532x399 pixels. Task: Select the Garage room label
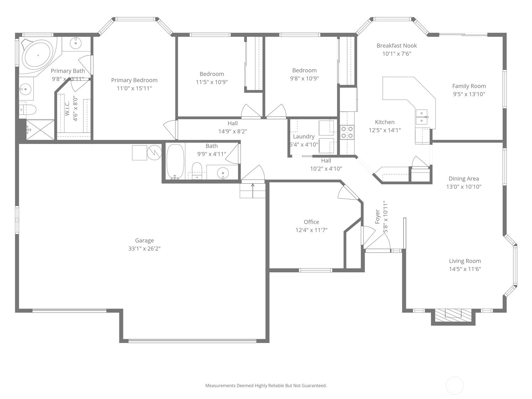point(144,240)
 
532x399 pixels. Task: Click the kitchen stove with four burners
point(347,132)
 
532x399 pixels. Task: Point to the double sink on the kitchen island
point(422,117)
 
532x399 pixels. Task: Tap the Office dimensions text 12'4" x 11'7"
point(312,230)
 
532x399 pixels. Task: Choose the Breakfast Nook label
point(397,46)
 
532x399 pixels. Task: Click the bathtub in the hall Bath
point(176,162)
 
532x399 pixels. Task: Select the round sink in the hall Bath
point(223,173)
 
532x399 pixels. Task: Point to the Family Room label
point(469,86)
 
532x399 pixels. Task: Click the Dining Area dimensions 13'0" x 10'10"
point(464,187)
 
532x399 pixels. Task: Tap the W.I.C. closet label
point(67,108)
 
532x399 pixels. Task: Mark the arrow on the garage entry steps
point(253,191)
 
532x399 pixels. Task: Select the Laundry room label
point(304,137)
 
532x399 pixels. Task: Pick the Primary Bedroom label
point(134,80)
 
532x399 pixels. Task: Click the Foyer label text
point(377,216)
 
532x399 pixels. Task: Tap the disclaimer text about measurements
point(266,385)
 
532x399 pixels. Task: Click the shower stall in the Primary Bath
point(40,130)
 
